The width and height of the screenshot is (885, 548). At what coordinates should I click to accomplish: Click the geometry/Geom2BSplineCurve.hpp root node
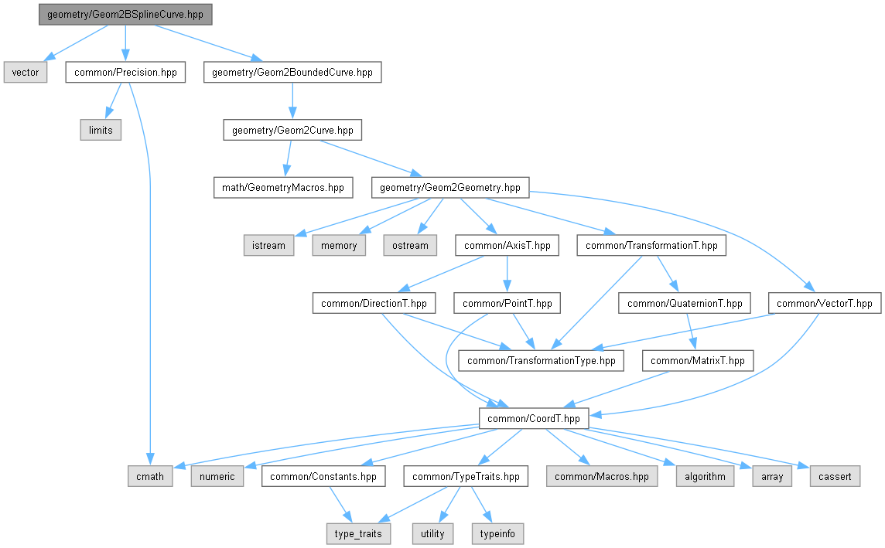pos(125,15)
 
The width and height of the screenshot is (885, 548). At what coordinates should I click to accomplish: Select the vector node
pos(26,73)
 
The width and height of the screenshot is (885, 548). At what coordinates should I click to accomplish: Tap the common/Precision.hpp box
pos(125,73)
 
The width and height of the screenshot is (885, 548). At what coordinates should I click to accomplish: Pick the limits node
pos(101,130)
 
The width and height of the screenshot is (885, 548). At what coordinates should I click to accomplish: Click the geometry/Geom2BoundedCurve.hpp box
pos(292,73)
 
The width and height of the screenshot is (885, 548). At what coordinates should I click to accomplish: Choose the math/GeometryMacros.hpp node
pos(282,187)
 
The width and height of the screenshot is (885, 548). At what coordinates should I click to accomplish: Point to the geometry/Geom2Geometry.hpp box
pos(450,187)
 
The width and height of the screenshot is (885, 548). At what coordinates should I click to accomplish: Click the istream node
pos(268,245)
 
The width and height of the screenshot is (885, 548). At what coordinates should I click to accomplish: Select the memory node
pos(339,245)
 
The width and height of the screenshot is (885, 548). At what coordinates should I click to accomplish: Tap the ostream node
pos(409,245)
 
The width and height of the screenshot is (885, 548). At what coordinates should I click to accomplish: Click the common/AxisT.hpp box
pos(507,245)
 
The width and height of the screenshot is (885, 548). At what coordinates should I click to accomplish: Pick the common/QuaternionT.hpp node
pos(685,303)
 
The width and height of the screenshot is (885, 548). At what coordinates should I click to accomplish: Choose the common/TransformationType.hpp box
pos(542,360)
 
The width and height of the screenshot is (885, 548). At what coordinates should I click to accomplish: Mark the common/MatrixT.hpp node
pos(698,360)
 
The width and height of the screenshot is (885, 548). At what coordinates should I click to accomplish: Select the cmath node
pos(150,476)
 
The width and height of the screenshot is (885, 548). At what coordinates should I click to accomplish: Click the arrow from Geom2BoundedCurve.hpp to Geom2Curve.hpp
pos(292,101)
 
